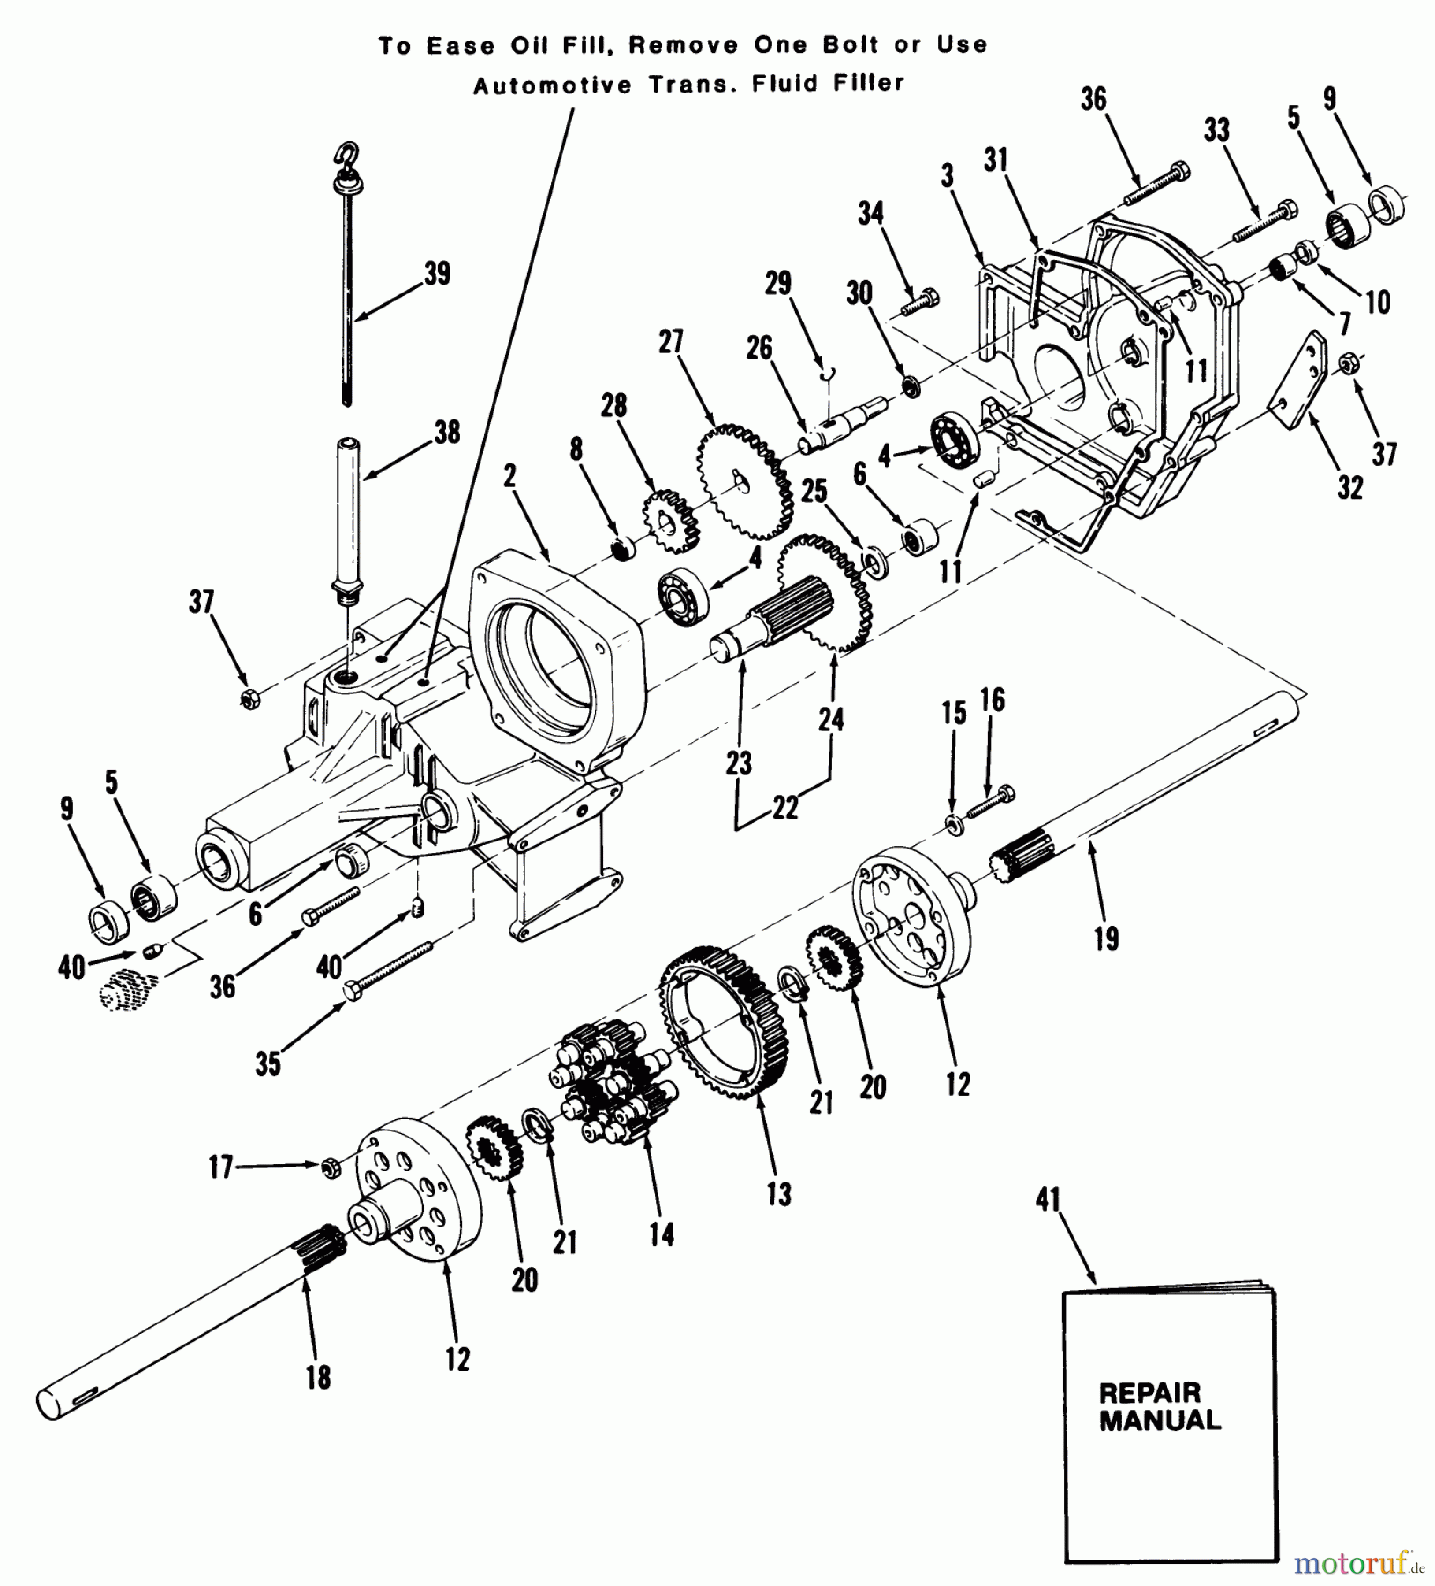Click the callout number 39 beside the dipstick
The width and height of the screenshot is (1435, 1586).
point(437,273)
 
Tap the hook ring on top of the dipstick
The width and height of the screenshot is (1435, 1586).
point(344,156)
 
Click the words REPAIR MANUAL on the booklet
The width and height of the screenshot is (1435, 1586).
point(1159,1407)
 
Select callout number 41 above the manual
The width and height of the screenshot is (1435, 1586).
point(1048,1199)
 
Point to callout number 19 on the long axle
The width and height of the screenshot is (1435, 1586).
point(1106,938)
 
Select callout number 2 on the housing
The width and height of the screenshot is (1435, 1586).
point(509,477)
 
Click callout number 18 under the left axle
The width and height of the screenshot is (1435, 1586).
point(318,1376)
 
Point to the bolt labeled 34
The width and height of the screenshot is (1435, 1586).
point(921,302)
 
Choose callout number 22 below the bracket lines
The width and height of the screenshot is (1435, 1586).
point(784,808)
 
